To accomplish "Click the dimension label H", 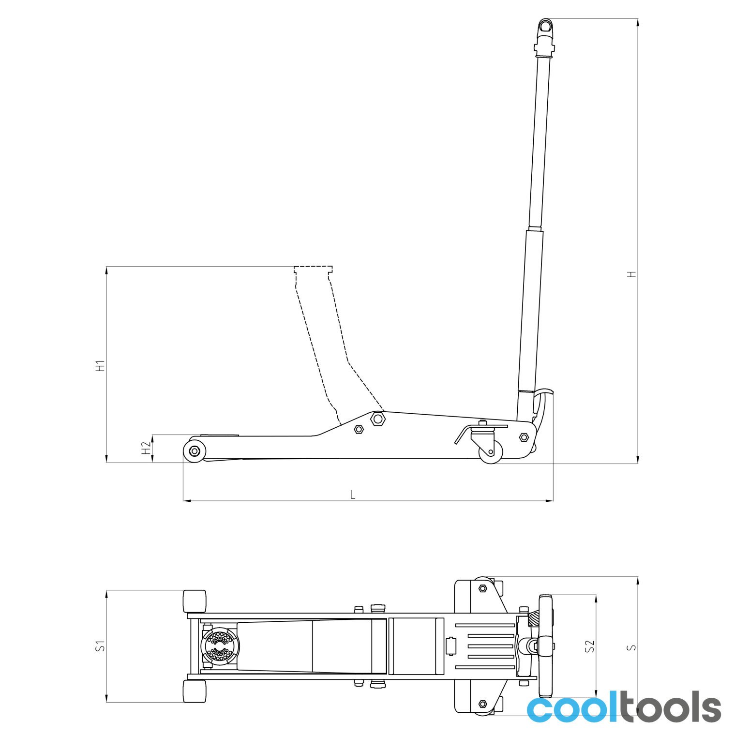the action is (x=631, y=274).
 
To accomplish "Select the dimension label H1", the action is (x=100, y=366).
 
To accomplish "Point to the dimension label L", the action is (x=353, y=495).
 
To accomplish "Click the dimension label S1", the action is (x=100, y=645).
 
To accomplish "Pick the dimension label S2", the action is (x=590, y=646).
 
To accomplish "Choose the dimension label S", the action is (x=631, y=647).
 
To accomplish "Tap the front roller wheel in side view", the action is (x=195, y=451).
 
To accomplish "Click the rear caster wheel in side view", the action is (x=491, y=452).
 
